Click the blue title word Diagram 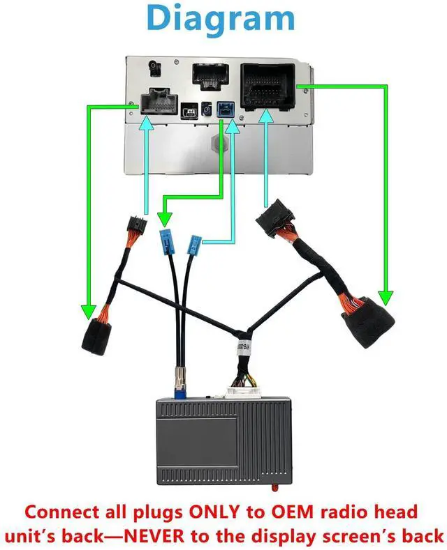(221, 19)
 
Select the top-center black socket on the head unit (209, 76)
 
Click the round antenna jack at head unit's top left (154, 70)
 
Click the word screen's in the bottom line (353, 535)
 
